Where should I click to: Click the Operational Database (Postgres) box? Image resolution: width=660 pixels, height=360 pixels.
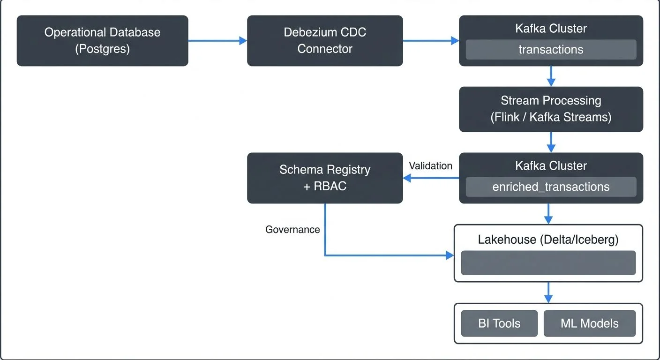click(x=102, y=41)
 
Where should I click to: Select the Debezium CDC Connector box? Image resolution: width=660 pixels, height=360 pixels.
click(x=325, y=41)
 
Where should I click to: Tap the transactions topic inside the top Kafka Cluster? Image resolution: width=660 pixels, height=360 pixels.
click(x=551, y=50)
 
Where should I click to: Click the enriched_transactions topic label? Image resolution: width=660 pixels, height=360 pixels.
click(x=551, y=187)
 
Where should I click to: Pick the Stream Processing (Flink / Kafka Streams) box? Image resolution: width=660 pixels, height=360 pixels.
click(x=551, y=109)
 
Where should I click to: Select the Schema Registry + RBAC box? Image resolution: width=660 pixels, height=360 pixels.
click(x=325, y=178)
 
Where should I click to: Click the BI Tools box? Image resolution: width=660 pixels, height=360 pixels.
click(x=499, y=323)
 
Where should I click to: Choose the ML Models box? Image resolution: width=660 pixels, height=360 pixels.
click(x=590, y=323)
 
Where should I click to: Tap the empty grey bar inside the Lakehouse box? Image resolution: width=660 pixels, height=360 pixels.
click(x=548, y=263)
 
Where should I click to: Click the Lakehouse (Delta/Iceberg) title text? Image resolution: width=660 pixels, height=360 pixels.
click(x=548, y=240)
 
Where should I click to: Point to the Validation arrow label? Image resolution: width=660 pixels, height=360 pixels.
click(x=430, y=166)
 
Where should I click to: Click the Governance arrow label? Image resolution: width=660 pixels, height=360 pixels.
click(x=292, y=230)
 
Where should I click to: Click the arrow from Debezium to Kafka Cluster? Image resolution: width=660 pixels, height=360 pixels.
click(x=430, y=41)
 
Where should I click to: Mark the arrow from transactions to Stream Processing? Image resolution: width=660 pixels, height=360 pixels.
click(x=551, y=76)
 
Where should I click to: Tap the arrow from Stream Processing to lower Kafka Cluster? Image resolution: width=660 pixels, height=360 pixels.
click(x=551, y=142)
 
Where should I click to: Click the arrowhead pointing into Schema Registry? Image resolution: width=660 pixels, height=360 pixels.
click(x=407, y=178)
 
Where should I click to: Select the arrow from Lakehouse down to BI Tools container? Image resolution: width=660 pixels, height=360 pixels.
click(x=548, y=292)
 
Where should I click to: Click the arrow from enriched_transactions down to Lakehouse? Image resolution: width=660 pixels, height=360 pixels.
click(x=548, y=214)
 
